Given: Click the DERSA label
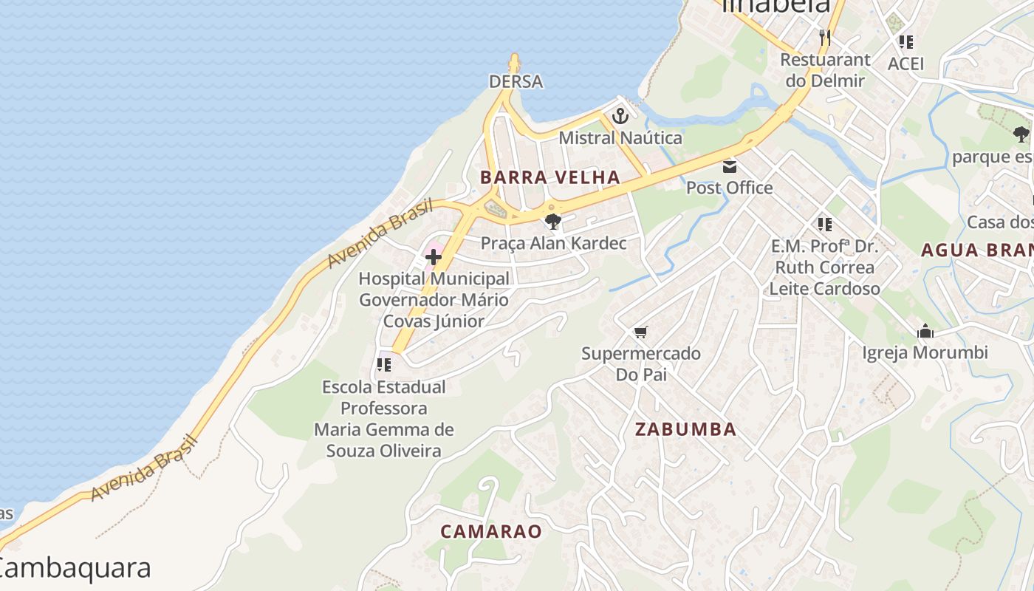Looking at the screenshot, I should pos(516,81).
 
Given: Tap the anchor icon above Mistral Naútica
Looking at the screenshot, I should pos(620,116).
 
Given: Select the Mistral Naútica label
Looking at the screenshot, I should pos(620,138).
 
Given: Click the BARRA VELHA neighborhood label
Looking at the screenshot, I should pos(549,177).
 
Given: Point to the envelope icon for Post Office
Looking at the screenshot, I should pos(730,166).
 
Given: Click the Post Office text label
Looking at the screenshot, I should pos(730,188).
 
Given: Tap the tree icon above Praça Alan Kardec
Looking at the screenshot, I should pos(552,221).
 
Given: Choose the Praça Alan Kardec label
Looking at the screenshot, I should pos(553,243).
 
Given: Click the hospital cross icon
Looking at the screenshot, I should pos(434,257).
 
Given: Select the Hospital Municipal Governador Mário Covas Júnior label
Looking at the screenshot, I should pos(434,300).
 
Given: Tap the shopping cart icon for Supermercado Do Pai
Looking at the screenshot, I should pos(640,332).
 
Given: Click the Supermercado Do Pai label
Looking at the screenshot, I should pos(641,363).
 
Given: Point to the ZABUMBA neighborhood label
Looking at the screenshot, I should pos(685,429).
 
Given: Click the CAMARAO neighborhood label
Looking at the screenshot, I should pos(491,531).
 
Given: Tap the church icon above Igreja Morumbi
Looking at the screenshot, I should pos(925,332).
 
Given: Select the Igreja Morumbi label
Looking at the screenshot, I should pos(925,353).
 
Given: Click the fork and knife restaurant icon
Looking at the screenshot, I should pos(825,37).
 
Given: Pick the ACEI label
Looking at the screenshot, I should pos(905,64).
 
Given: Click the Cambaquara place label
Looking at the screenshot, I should pos(74,568).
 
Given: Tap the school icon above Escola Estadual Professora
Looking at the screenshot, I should pos(383,364).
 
